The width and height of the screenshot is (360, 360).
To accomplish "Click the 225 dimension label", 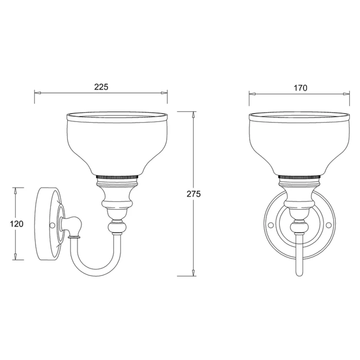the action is [x=101, y=87].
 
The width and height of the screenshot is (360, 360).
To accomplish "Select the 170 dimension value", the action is [x=300, y=88].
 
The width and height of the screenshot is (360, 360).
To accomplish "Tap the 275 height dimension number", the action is [x=194, y=194].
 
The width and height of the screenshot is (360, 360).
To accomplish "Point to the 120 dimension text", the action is [x=17, y=224].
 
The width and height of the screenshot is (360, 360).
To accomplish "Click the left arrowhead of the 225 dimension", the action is [x=37, y=93].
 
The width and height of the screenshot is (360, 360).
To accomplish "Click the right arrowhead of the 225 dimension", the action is [x=164, y=93].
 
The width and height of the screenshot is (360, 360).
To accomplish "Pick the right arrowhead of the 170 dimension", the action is [x=346, y=94].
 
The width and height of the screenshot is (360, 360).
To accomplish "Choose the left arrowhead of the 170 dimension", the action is [x=252, y=94].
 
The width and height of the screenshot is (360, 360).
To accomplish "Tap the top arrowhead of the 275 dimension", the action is [x=194, y=115].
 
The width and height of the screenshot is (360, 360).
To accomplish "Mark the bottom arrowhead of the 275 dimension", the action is [x=194, y=272].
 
